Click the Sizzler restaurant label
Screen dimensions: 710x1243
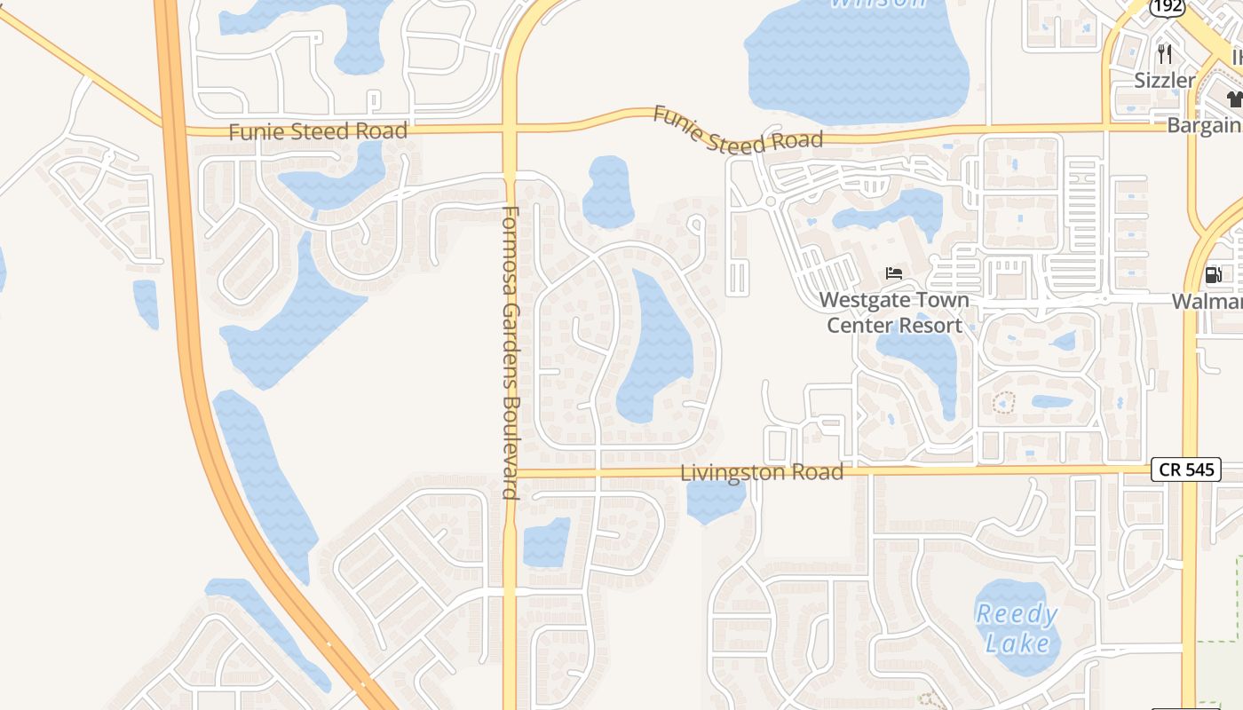(x=1165, y=80)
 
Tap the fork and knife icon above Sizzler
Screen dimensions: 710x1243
(x=1165, y=54)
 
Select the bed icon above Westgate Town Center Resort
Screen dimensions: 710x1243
(x=894, y=273)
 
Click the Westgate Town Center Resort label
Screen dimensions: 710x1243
(x=894, y=312)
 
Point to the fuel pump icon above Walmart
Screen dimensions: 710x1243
(x=1213, y=275)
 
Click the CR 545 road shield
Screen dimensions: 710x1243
(x=1185, y=469)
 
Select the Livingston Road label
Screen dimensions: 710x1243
(x=762, y=473)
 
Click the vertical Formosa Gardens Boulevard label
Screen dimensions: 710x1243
(x=510, y=352)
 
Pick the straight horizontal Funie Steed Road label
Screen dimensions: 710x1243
(x=318, y=132)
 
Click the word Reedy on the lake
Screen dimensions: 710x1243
(x=1017, y=614)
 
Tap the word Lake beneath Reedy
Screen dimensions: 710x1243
(x=1018, y=643)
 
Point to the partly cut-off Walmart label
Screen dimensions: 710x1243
(x=1207, y=302)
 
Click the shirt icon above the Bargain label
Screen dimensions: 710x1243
(x=1234, y=99)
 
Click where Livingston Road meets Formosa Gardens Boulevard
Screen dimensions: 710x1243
(x=510, y=473)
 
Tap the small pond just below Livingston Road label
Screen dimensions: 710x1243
(x=716, y=501)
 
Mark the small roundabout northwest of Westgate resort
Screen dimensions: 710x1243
(x=770, y=201)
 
